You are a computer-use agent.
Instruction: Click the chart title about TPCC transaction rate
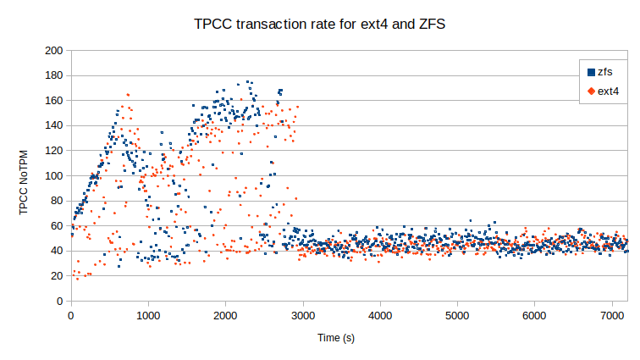320,25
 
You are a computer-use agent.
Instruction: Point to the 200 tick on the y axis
55,51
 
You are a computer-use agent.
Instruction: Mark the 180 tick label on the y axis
55,76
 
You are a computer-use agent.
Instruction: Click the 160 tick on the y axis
55,101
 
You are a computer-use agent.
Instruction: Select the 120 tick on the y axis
55,151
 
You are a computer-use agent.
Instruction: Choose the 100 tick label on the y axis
55,176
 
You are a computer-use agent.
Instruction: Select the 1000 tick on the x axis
148,315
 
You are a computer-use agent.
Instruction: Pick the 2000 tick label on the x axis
225,315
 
